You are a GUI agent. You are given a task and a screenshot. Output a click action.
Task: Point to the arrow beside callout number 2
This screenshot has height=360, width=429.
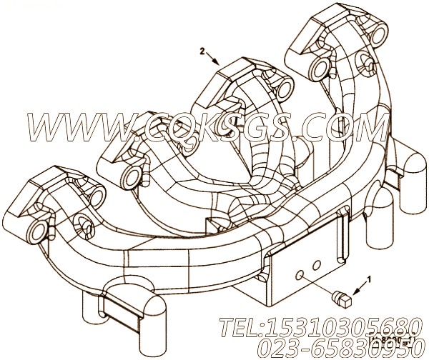pyautogui.click(x=214, y=59)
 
